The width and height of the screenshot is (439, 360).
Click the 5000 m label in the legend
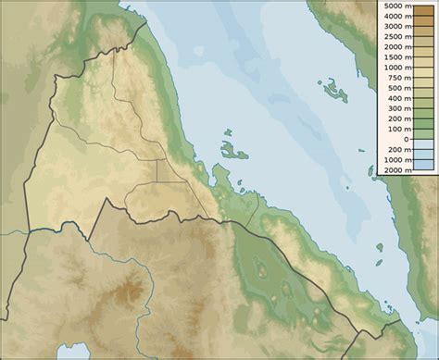click(x=393, y=7)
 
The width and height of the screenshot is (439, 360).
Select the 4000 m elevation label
click(x=393, y=18)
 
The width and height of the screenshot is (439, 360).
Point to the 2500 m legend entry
click(x=393, y=38)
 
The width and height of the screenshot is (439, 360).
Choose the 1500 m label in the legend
click(x=393, y=57)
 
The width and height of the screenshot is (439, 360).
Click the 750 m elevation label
click(x=395, y=78)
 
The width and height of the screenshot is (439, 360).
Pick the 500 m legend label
click(x=395, y=88)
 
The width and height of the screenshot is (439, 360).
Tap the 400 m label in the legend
click(x=395, y=98)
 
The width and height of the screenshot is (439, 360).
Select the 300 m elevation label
click(x=395, y=108)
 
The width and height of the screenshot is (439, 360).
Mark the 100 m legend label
click(x=395, y=129)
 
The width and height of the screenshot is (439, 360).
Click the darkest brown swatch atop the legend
click(x=423, y=7)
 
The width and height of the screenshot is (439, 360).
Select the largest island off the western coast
click(x=229, y=149)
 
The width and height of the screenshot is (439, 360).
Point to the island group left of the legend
click(x=333, y=90)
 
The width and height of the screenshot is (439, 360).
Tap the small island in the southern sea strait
click(x=379, y=246)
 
